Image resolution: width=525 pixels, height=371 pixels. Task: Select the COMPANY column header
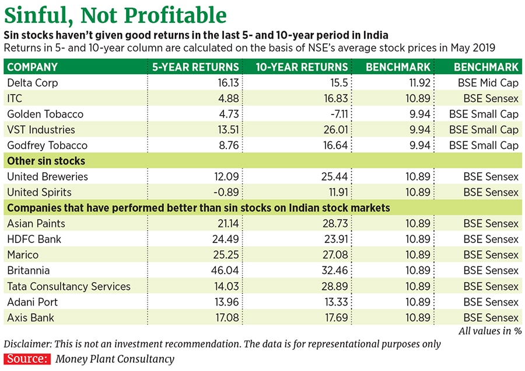tap(32, 67)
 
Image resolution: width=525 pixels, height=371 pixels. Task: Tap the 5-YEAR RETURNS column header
tap(195, 67)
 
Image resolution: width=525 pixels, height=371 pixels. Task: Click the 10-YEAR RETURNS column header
tap(302, 67)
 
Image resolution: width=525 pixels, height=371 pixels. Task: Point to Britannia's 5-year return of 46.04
tap(226, 271)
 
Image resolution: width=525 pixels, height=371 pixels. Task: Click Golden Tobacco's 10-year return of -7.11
tap(335, 114)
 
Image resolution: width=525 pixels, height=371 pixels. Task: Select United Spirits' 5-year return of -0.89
tap(226, 192)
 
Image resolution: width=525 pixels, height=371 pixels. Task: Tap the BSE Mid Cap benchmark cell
tap(488, 82)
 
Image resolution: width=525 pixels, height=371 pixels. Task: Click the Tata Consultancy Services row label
tap(69, 286)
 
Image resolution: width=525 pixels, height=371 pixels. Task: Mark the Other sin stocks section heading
tap(45, 161)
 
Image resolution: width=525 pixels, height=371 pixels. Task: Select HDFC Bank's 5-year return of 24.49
tap(226, 239)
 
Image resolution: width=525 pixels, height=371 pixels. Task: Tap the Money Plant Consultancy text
tap(115, 359)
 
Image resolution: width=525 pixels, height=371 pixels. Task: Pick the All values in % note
tap(489, 331)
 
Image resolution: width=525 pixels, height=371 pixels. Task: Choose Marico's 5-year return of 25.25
tap(226, 255)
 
